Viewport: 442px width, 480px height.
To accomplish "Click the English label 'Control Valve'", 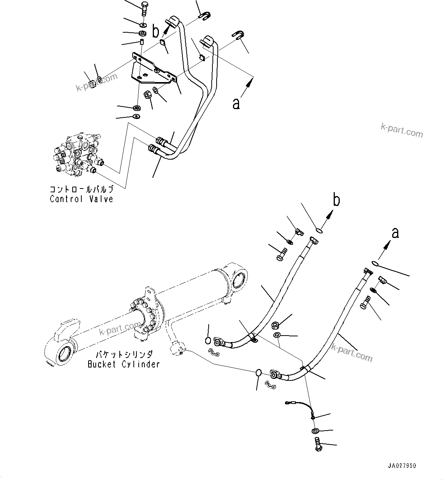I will (x=81, y=199).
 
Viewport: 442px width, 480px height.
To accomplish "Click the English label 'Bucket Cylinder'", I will (x=124, y=364).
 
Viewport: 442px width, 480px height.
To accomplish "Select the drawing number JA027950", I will (x=402, y=466).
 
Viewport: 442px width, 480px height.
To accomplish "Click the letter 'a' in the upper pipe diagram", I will (x=236, y=103).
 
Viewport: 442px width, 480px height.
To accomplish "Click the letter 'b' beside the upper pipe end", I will (x=155, y=32).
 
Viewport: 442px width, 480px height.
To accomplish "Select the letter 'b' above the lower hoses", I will (x=336, y=200).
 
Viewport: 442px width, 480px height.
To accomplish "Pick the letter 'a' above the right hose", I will (x=395, y=233).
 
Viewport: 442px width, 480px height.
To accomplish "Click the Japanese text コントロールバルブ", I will (x=81, y=189).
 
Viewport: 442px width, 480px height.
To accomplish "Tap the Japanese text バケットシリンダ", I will (x=124, y=355).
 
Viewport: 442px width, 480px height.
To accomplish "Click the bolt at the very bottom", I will (x=318, y=444).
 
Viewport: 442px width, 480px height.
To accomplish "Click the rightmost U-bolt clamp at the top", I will (x=238, y=35).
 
